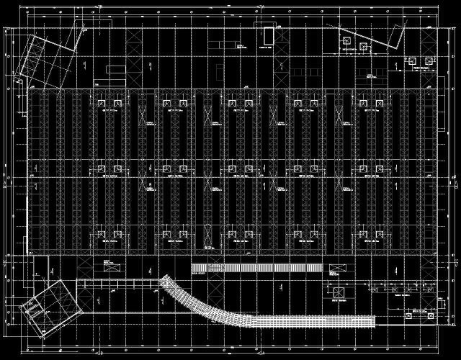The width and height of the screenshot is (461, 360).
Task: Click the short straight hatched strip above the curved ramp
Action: click(x=256, y=267)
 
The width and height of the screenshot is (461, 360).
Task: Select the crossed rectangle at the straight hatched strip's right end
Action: click(x=336, y=270)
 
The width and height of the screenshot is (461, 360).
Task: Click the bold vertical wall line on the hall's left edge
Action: click(x=29, y=173)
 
